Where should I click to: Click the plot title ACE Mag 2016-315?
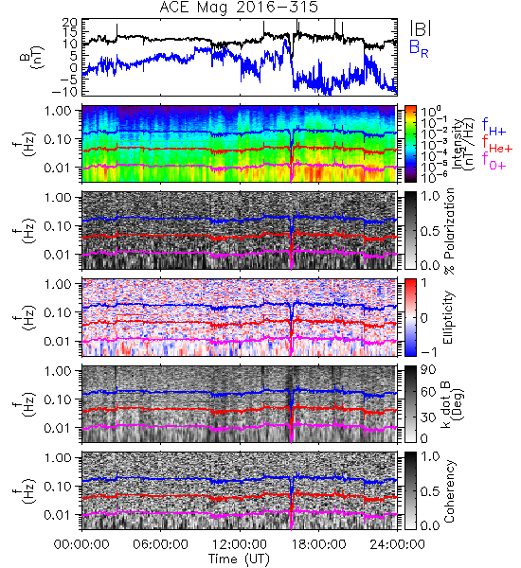[x=239, y=8]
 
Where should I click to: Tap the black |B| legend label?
[x=421, y=27]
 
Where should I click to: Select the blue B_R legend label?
[x=419, y=48]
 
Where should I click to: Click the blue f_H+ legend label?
[x=494, y=126]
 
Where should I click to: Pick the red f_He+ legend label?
[x=497, y=144]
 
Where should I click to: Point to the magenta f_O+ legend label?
[x=494, y=161]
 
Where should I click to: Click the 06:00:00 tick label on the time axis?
[x=160, y=544]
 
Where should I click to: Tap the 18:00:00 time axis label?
[x=318, y=544]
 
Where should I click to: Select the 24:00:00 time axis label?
[x=397, y=544]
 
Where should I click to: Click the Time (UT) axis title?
[x=239, y=559]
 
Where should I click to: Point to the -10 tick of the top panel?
[x=64, y=92]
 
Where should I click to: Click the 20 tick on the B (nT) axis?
[x=69, y=23]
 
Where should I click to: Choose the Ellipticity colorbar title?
[x=448, y=317]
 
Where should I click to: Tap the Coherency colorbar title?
[x=449, y=491]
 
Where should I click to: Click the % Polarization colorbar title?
[x=449, y=231]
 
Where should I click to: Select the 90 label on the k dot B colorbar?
[x=427, y=369]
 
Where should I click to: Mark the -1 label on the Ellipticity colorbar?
[x=428, y=352]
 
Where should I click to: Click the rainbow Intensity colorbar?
[x=410, y=144]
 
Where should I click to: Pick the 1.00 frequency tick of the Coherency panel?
[x=59, y=457]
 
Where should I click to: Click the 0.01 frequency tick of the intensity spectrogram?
[x=59, y=168]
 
